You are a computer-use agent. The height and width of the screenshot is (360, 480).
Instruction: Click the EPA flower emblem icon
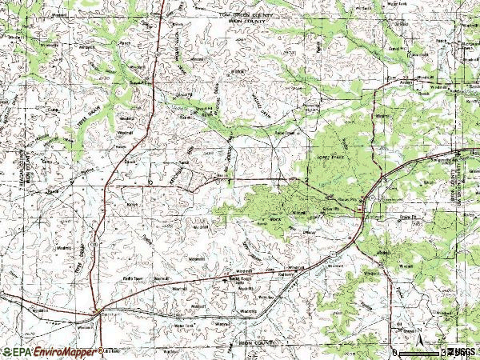[x=6, y=351]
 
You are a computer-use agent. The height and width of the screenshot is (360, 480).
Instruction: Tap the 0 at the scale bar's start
[x=394, y=351]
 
